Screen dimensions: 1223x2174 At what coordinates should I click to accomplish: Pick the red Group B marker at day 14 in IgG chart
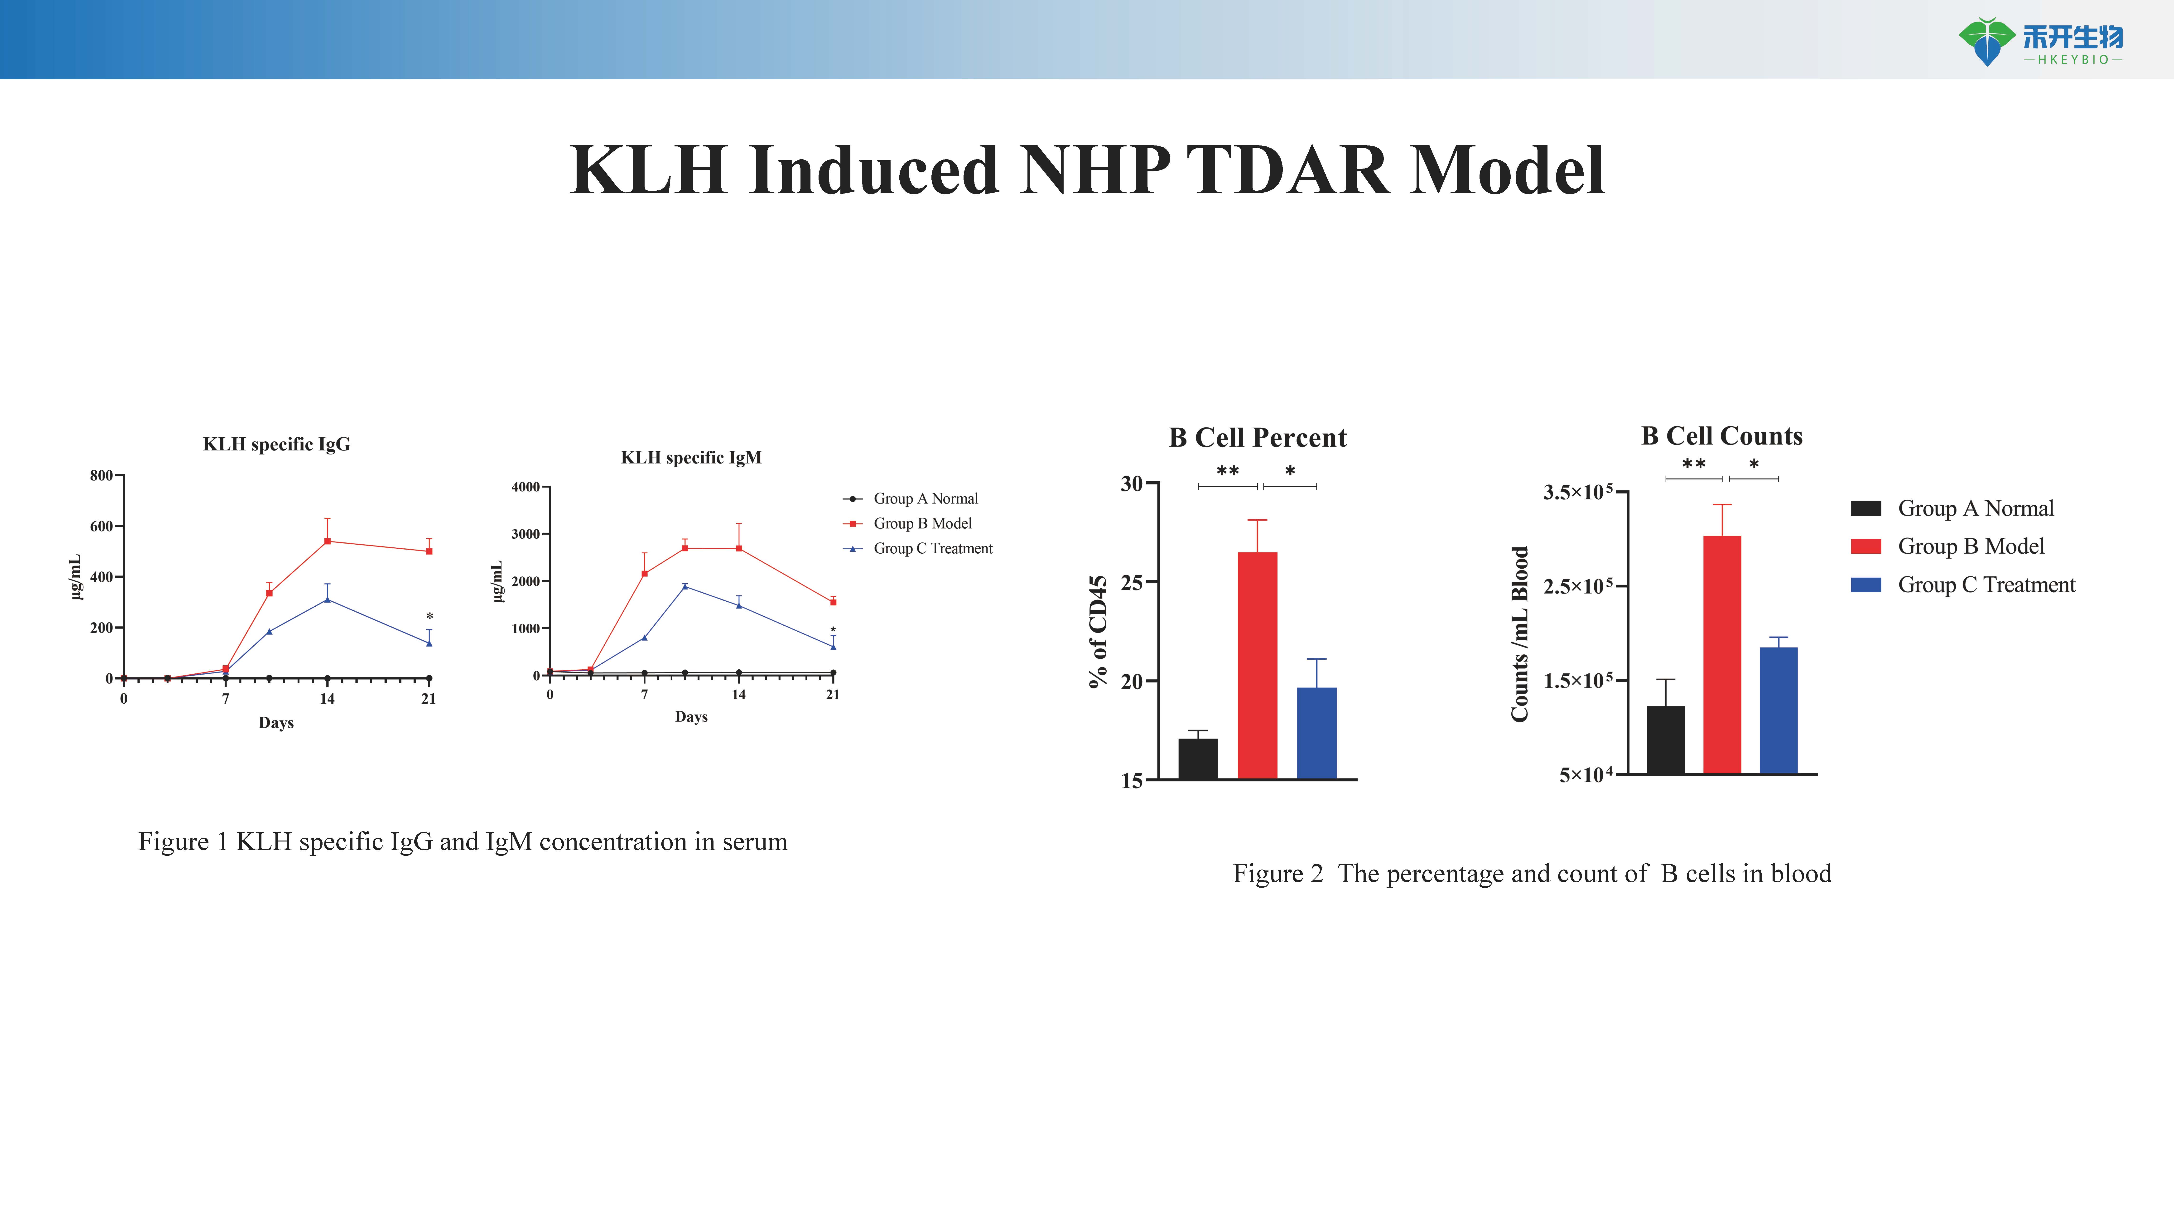coord(328,541)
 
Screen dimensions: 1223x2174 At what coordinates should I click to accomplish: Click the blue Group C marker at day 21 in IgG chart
coord(429,643)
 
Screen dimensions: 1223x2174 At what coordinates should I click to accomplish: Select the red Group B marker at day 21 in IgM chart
coord(833,602)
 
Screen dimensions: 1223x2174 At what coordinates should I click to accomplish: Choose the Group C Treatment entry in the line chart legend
coord(932,549)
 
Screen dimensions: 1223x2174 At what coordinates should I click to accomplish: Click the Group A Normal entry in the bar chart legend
coord(1975,508)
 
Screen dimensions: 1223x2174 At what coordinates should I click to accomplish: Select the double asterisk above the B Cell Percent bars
coord(1227,471)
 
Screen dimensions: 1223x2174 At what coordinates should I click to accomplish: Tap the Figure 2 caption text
coord(1532,874)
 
